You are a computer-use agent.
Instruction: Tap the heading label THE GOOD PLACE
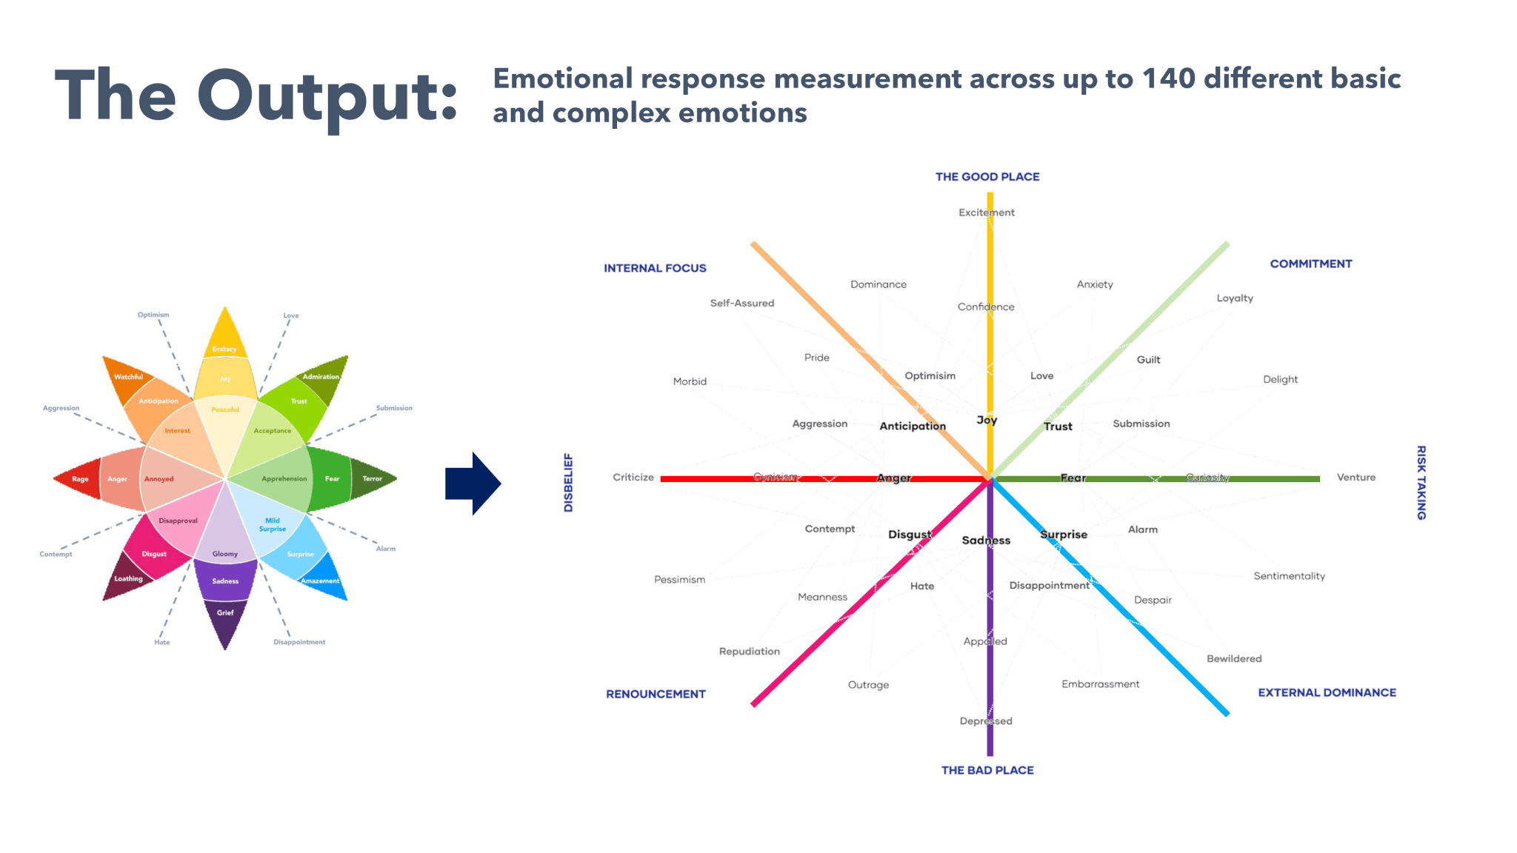click(x=987, y=177)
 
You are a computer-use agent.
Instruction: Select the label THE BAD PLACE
click(x=987, y=770)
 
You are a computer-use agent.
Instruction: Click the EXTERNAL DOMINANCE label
click(x=1327, y=692)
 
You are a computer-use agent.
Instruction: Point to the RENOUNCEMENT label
click(x=656, y=694)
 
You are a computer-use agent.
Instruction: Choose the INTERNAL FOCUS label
click(x=655, y=268)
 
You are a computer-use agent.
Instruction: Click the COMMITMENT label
click(x=1310, y=264)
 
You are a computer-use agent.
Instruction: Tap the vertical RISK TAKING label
click(x=1421, y=483)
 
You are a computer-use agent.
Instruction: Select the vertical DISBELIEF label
click(x=568, y=483)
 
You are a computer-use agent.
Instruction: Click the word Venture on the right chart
click(x=1356, y=478)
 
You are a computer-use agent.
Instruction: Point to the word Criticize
click(x=633, y=478)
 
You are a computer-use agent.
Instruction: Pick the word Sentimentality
click(x=1289, y=576)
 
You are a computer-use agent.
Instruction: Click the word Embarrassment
click(x=1100, y=684)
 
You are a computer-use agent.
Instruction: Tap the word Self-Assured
click(x=741, y=303)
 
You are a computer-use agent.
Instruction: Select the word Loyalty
click(x=1235, y=298)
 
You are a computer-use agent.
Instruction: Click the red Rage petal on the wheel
click(x=78, y=479)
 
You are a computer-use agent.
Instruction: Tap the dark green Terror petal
click(x=373, y=479)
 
